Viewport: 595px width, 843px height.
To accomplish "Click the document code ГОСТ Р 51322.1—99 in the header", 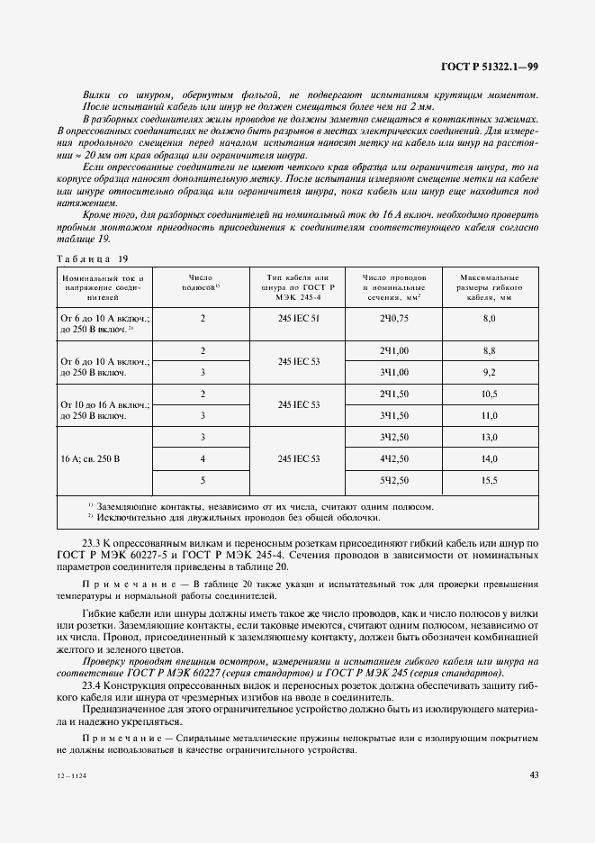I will [490, 66].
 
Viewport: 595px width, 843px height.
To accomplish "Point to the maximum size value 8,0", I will [490, 319].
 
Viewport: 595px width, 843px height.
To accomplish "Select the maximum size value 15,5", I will [490, 480].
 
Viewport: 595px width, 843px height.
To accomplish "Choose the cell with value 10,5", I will [490, 394].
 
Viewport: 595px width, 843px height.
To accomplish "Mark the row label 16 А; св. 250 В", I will [90, 458].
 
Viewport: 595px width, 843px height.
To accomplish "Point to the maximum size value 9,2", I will [490, 372].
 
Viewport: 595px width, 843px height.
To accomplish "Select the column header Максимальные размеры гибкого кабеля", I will [490, 286].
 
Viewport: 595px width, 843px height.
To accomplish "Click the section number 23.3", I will [93, 544].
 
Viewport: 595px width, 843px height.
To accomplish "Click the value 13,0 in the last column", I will [490, 437].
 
